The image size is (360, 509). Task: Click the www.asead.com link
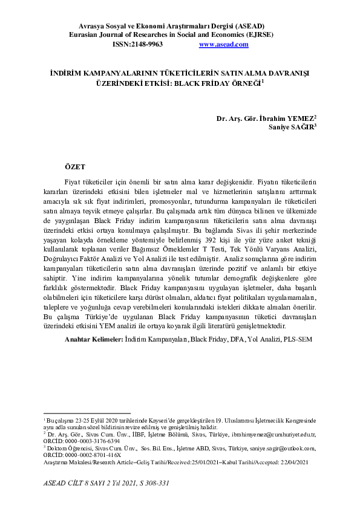point(223,44)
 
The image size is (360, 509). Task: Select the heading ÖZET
point(75,165)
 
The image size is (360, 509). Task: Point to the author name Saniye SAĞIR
point(292,127)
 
